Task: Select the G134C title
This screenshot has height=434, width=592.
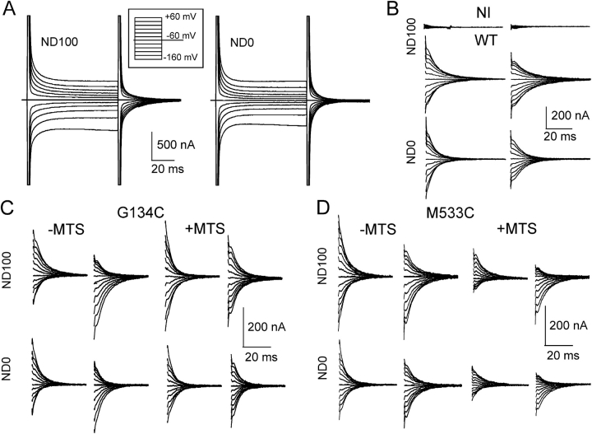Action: pos(152,212)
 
